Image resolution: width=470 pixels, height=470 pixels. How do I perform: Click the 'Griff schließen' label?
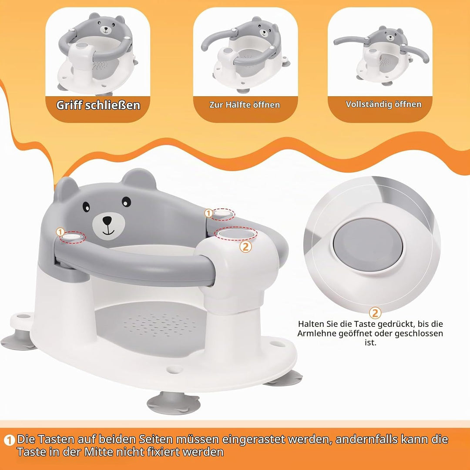tap(98, 105)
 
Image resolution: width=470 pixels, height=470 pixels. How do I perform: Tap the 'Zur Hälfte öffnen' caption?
tap(245, 105)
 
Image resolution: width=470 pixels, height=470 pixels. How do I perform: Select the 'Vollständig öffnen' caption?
tap(384, 104)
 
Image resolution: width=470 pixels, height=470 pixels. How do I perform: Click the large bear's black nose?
tap(107, 221)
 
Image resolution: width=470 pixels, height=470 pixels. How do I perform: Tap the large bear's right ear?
tap(139, 179)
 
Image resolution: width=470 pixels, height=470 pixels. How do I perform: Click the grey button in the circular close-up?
tap(368, 244)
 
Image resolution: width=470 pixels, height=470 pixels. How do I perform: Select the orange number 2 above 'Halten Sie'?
tap(375, 312)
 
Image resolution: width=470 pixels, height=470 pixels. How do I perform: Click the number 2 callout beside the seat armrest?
tap(245, 247)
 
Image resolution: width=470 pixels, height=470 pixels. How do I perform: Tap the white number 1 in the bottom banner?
tap(9, 440)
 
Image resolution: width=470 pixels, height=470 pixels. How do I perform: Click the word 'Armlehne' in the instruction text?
tap(317, 333)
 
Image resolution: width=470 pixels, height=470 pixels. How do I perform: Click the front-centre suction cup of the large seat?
tap(174, 403)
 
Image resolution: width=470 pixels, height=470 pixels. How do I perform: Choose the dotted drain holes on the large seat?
tap(160, 325)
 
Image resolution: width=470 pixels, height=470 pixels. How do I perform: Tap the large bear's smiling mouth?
tap(108, 232)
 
